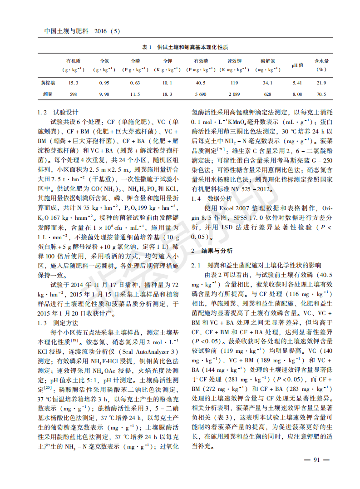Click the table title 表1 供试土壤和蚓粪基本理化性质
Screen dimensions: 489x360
(185, 47)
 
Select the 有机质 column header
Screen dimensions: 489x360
(73, 61)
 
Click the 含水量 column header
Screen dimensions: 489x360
(321, 61)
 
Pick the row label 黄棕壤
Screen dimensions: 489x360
(48, 83)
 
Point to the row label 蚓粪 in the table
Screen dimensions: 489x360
(48, 94)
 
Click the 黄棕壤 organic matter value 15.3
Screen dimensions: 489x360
(73, 83)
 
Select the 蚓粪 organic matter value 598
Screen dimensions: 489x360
(73, 94)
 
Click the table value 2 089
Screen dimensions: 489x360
(234, 94)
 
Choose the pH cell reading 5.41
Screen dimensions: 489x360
(297, 83)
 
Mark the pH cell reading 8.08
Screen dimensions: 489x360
(297, 94)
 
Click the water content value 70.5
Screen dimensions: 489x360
(321, 94)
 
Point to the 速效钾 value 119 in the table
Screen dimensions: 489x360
(234, 83)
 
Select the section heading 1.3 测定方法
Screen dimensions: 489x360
(58, 323)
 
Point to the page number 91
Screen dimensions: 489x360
(316, 459)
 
